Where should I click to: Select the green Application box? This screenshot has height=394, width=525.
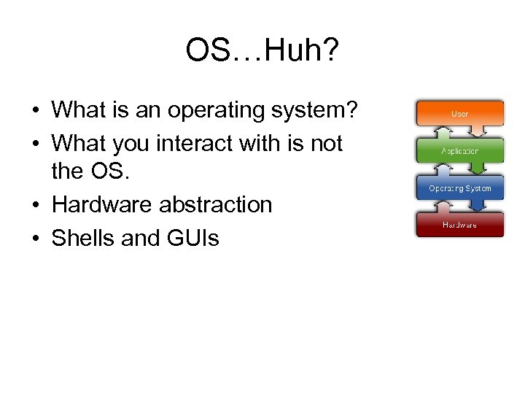pos(459,151)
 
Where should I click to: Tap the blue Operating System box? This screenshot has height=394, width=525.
pos(459,188)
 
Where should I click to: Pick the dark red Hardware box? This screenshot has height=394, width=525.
pos(459,224)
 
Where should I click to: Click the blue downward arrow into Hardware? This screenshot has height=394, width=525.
pos(478,206)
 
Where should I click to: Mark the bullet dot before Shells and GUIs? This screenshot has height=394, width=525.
pos(35,239)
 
